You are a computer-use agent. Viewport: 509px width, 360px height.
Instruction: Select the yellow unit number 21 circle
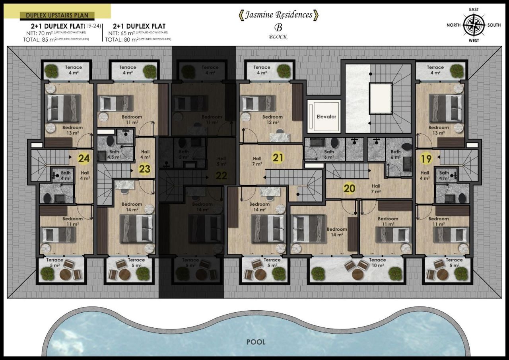pyautogui.click(x=278, y=158)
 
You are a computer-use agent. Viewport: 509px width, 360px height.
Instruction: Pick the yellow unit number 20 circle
pyautogui.click(x=349, y=188)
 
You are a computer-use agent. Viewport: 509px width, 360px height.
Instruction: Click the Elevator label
pyautogui.click(x=326, y=117)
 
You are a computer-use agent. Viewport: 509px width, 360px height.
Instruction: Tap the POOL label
pyautogui.click(x=256, y=342)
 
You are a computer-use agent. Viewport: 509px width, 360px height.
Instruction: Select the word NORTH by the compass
pyautogui.click(x=453, y=25)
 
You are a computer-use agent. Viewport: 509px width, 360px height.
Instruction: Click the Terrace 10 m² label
pyautogui.click(x=377, y=263)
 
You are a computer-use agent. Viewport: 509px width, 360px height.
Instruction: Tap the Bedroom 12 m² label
pyautogui.click(x=272, y=120)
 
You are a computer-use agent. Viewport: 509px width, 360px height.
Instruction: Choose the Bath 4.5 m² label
pyautogui.click(x=114, y=154)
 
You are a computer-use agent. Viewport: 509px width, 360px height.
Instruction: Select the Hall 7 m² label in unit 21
pyautogui.click(x=257, y=161)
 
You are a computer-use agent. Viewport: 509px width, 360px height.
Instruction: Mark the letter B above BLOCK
pyautogui.click(x=278, y=28)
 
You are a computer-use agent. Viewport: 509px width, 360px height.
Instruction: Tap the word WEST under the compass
pyautogui.click(x=474, y=41)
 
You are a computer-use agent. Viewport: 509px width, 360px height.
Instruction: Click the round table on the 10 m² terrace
pyautogui.click(x=357, y=274)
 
